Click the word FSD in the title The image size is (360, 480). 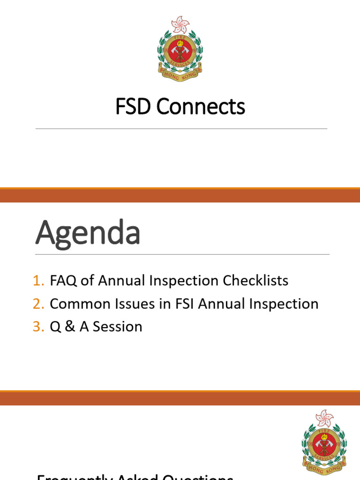pyautogui.click(x=134, y=107)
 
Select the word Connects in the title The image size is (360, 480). pyautogui.click(x=201, y=107)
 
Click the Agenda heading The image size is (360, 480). pyautogui.click(x=88, y=233)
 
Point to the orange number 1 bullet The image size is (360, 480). pyautogui.click(x=38, y=281)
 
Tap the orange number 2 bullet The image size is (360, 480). pyautogui.click(x=38, y=304)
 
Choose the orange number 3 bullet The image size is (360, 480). pyautogui.click(x=38, y=327)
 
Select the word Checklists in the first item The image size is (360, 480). pyautogui.click(x=255, y=281)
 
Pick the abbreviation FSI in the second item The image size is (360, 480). pyautogui.click(x=184, y=304)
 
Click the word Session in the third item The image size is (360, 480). pyautogui.click(x=117, y=327)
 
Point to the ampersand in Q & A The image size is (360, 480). pyautogui.click(x=69, y=327)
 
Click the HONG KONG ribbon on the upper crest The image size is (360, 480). pyautogui.click(x=180, y=74)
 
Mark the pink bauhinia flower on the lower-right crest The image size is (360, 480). pyautogui.click(x=324, y=417)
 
